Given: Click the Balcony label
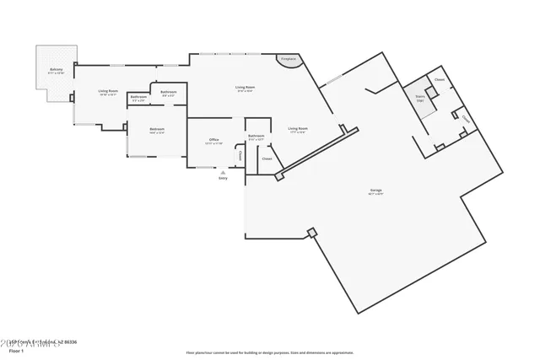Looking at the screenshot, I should pos(57,70).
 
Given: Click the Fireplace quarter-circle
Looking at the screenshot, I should pos(288,61).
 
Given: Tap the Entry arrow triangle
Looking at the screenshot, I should pos(223,172).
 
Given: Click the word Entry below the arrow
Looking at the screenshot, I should pos(223,179).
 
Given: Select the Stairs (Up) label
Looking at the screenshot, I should pos(419,98).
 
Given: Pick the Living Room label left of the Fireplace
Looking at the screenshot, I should pos(245,88).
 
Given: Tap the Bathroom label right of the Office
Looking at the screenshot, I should pos(256,137).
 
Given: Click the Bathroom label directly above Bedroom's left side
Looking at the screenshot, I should pos(138,98).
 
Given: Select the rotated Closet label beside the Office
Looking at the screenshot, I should pos(239,156).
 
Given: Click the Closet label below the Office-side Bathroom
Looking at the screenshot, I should pos(267,159).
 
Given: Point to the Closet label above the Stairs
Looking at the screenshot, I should pos(439,80).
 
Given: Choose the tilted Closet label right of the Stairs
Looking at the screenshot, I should pos(466,119).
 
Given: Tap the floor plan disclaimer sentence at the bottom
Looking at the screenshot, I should pos(271,350).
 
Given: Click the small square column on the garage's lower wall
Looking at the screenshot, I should pos(311,232).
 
